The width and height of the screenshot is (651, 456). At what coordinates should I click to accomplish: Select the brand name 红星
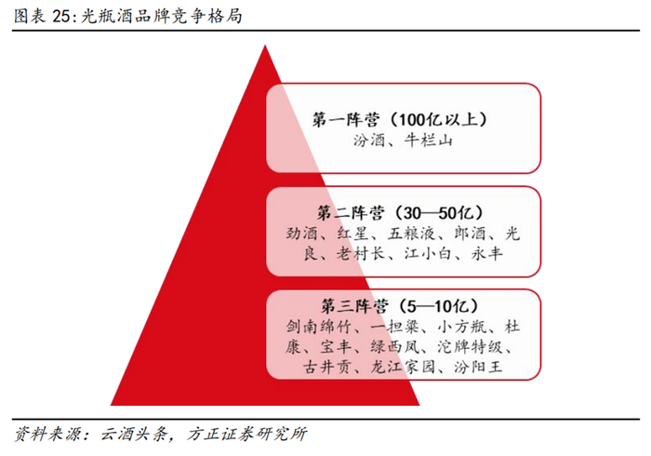[x=352, y=233]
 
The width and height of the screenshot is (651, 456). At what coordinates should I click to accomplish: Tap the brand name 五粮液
[x=410, y=233]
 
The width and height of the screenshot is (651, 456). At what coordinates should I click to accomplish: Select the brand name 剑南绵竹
[x=320, y=327]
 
